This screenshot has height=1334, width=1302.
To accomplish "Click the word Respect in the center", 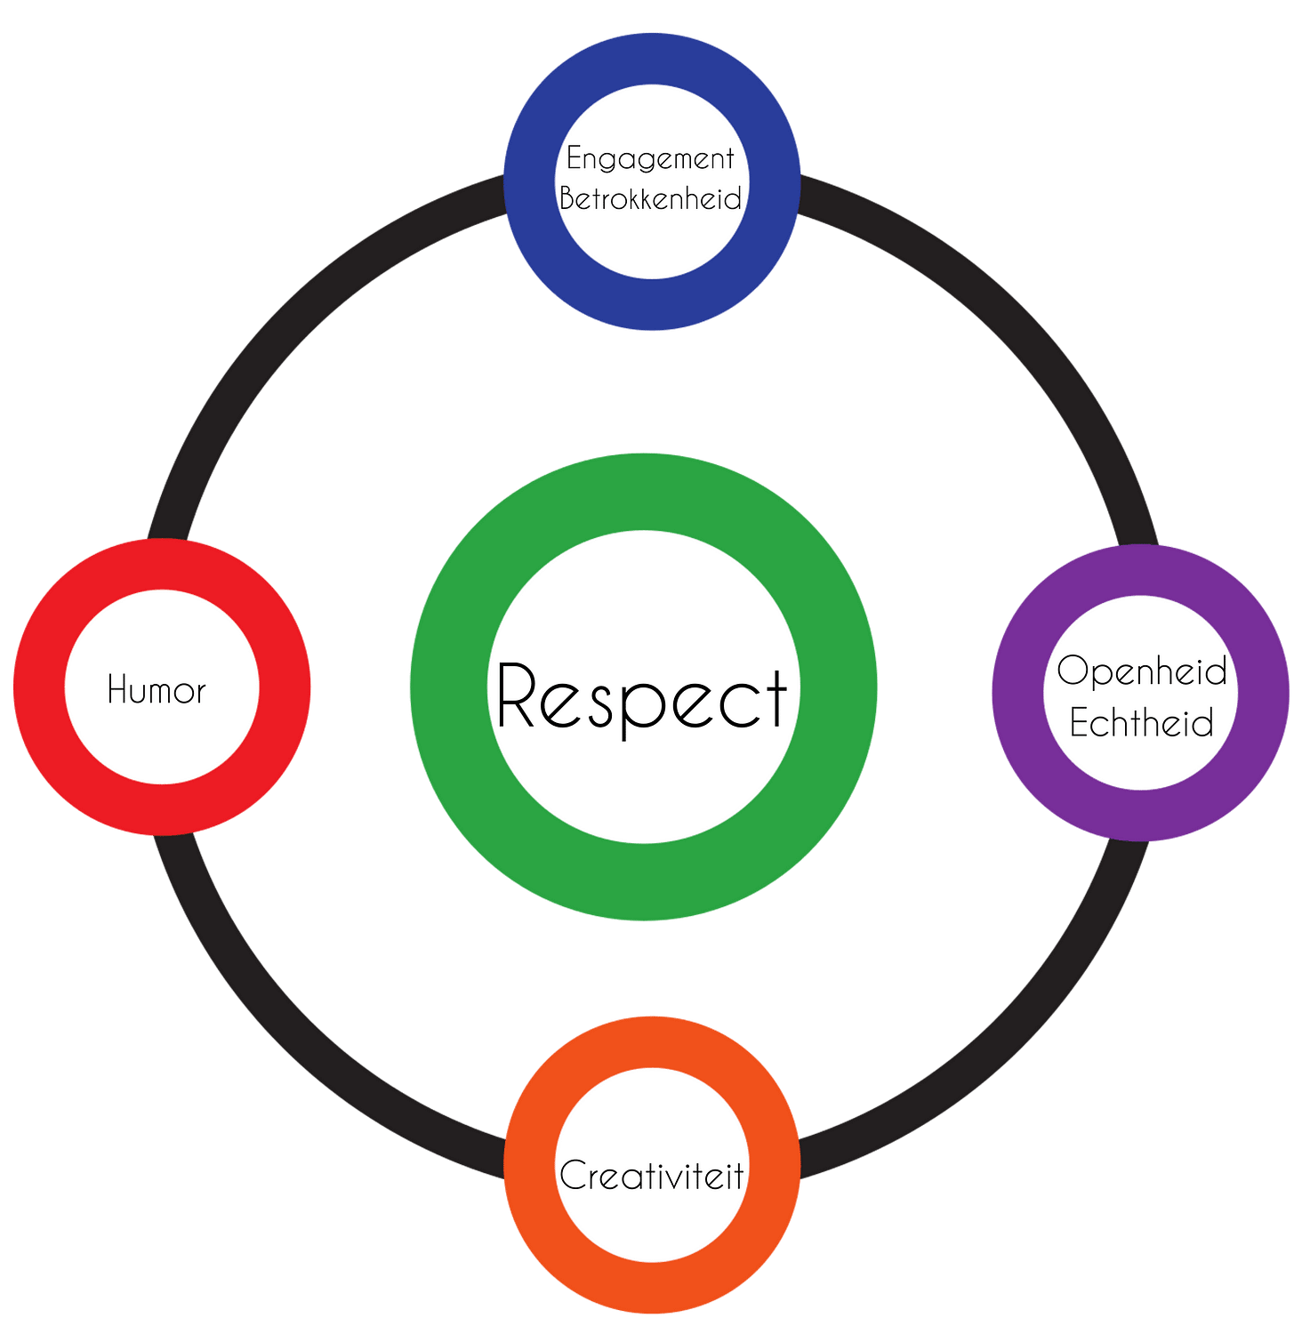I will [642, 696].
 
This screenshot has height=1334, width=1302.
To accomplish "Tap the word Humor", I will [157, 690].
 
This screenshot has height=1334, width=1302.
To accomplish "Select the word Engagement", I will [650, 158].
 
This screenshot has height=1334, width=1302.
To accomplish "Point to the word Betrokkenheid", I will [650, 198].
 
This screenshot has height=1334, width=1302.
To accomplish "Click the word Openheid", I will [1142, 671].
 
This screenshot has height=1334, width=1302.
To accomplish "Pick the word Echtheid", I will [1141, 723].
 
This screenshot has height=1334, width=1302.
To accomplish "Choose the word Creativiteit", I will [652, 1176].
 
